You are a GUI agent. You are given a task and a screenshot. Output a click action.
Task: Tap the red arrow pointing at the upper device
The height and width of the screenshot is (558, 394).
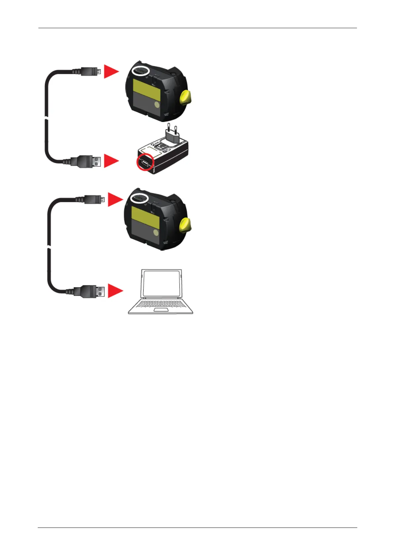[111, 71]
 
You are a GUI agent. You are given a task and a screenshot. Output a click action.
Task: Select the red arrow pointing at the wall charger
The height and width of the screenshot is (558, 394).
[111, 161]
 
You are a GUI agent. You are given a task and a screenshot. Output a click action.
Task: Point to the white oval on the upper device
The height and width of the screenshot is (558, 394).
[140, 71]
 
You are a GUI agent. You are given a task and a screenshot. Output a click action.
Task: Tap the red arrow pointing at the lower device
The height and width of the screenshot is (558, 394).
[115, 199]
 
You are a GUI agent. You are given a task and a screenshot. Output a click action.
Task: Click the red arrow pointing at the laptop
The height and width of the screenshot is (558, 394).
[115, 291]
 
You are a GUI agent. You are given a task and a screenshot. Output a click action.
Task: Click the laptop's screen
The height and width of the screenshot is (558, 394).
[161, 284]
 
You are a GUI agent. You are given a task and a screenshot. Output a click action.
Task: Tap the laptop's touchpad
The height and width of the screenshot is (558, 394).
[161, 310]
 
